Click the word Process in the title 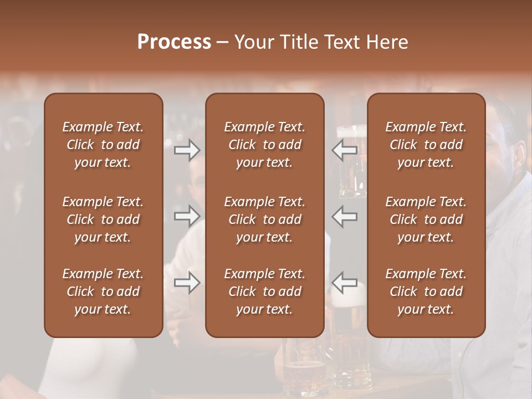[x=174, y=42]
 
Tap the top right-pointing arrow [x=187, y=150]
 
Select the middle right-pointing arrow [x=187, y=216]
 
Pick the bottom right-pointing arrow [x=187, y=282]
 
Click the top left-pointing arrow [x=344, y=150]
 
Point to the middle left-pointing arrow [x=344, y=216]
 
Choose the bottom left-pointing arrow [x=344, y=282]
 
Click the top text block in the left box [x=103, y=145]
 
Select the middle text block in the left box [x=103, y=219]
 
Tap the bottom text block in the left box [x=103, y=291]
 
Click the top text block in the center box [x=265, y=145]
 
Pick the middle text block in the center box [x=265, y=219]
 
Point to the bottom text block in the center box [x=265, y=291]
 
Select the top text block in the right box [x=426, y=145]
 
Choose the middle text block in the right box [x=426, y=219]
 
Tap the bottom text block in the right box [x=426, y=291]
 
